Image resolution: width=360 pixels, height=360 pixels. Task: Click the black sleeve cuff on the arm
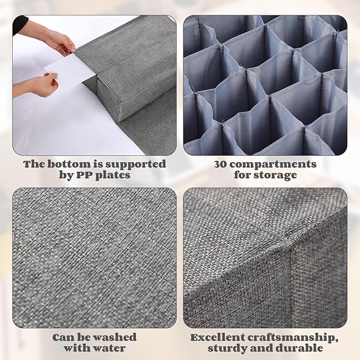[20, 25]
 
